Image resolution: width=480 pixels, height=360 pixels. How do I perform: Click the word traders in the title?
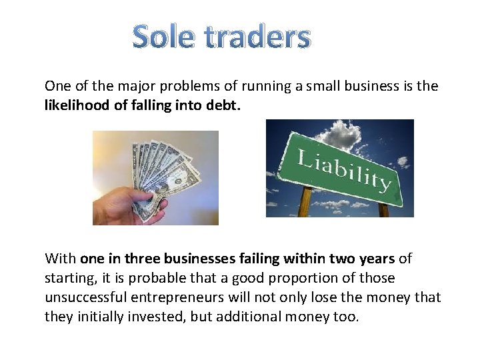[257, 38]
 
